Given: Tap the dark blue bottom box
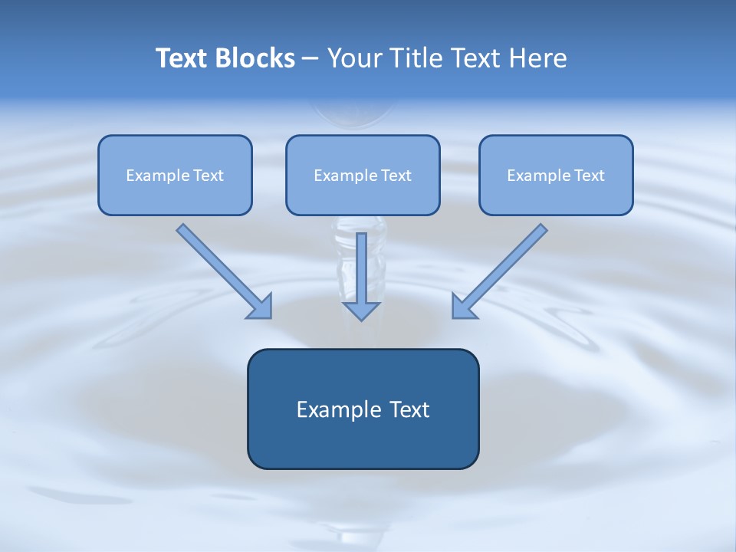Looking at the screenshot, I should click(363, 441).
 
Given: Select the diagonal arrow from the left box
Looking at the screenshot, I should click(222, 270).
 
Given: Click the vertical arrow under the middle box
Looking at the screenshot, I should click(361, 268).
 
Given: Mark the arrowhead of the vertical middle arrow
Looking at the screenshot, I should click(361, 310).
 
